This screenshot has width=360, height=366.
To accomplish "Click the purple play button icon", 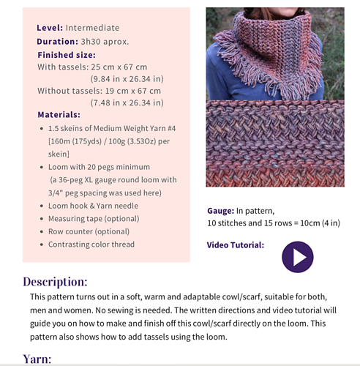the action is pyautogui.click(x=297, y=257).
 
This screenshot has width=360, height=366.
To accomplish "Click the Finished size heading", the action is pyautogui.click(x=66, y=54).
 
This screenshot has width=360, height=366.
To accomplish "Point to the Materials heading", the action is pyautogui.click(x=59, y=114).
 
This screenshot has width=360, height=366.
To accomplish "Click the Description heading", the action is pyautogui.click(x=56, y=281).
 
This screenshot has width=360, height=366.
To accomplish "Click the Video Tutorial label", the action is pyautogui.click(x=236, y=245).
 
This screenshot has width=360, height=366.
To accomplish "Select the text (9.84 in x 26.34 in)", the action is pyautogui.click(x=127, y=78).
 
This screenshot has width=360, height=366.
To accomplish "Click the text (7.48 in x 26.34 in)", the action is pyautogui.click(x=127, y=102).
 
